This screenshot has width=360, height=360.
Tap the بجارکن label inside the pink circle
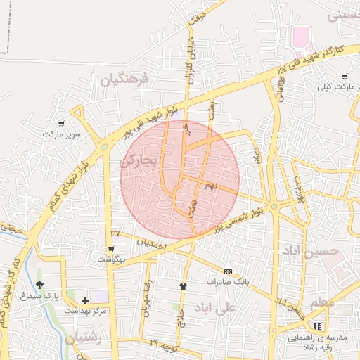point(141,161)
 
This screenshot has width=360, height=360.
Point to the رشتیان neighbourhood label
point(84,338)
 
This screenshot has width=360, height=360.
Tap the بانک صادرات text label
point(229,281)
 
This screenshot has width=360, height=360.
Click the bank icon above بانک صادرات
point(228,271)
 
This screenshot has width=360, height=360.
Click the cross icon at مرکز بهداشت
point(85,300)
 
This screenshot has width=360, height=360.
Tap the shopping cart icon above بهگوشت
point(111,249)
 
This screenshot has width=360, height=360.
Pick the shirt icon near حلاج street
point(184,286)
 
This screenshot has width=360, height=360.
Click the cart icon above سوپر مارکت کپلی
point(344,77)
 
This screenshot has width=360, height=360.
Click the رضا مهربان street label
point(148,300)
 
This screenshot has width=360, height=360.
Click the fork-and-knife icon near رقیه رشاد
point(316,326)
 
